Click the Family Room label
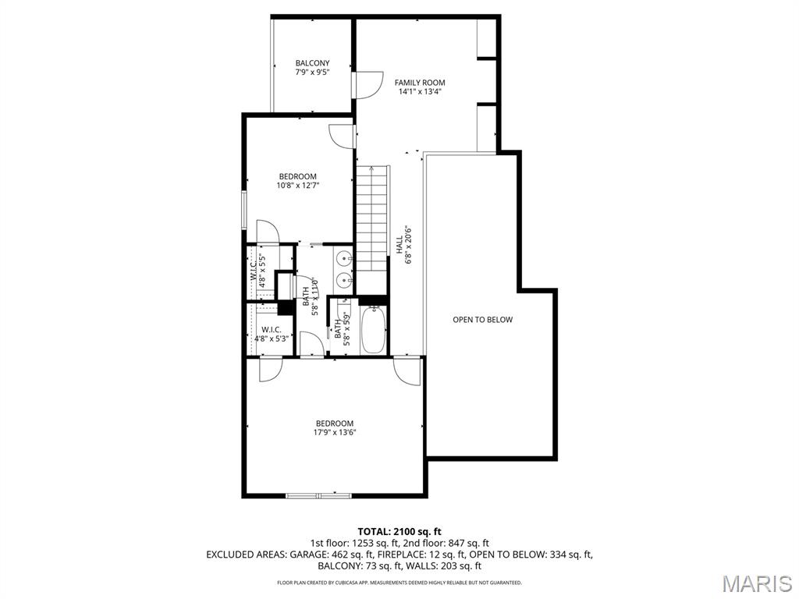[419, 82]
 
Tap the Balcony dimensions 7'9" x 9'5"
[312, 73]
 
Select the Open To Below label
[483, 320]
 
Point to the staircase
[372, 218]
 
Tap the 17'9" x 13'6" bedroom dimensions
[334, 433]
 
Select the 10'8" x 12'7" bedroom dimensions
[298, 186]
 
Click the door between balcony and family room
[365, 84]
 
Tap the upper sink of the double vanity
[344, 257]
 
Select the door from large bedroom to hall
[407, 370]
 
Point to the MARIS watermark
[757, 583]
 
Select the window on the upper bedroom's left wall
[243, 211]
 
